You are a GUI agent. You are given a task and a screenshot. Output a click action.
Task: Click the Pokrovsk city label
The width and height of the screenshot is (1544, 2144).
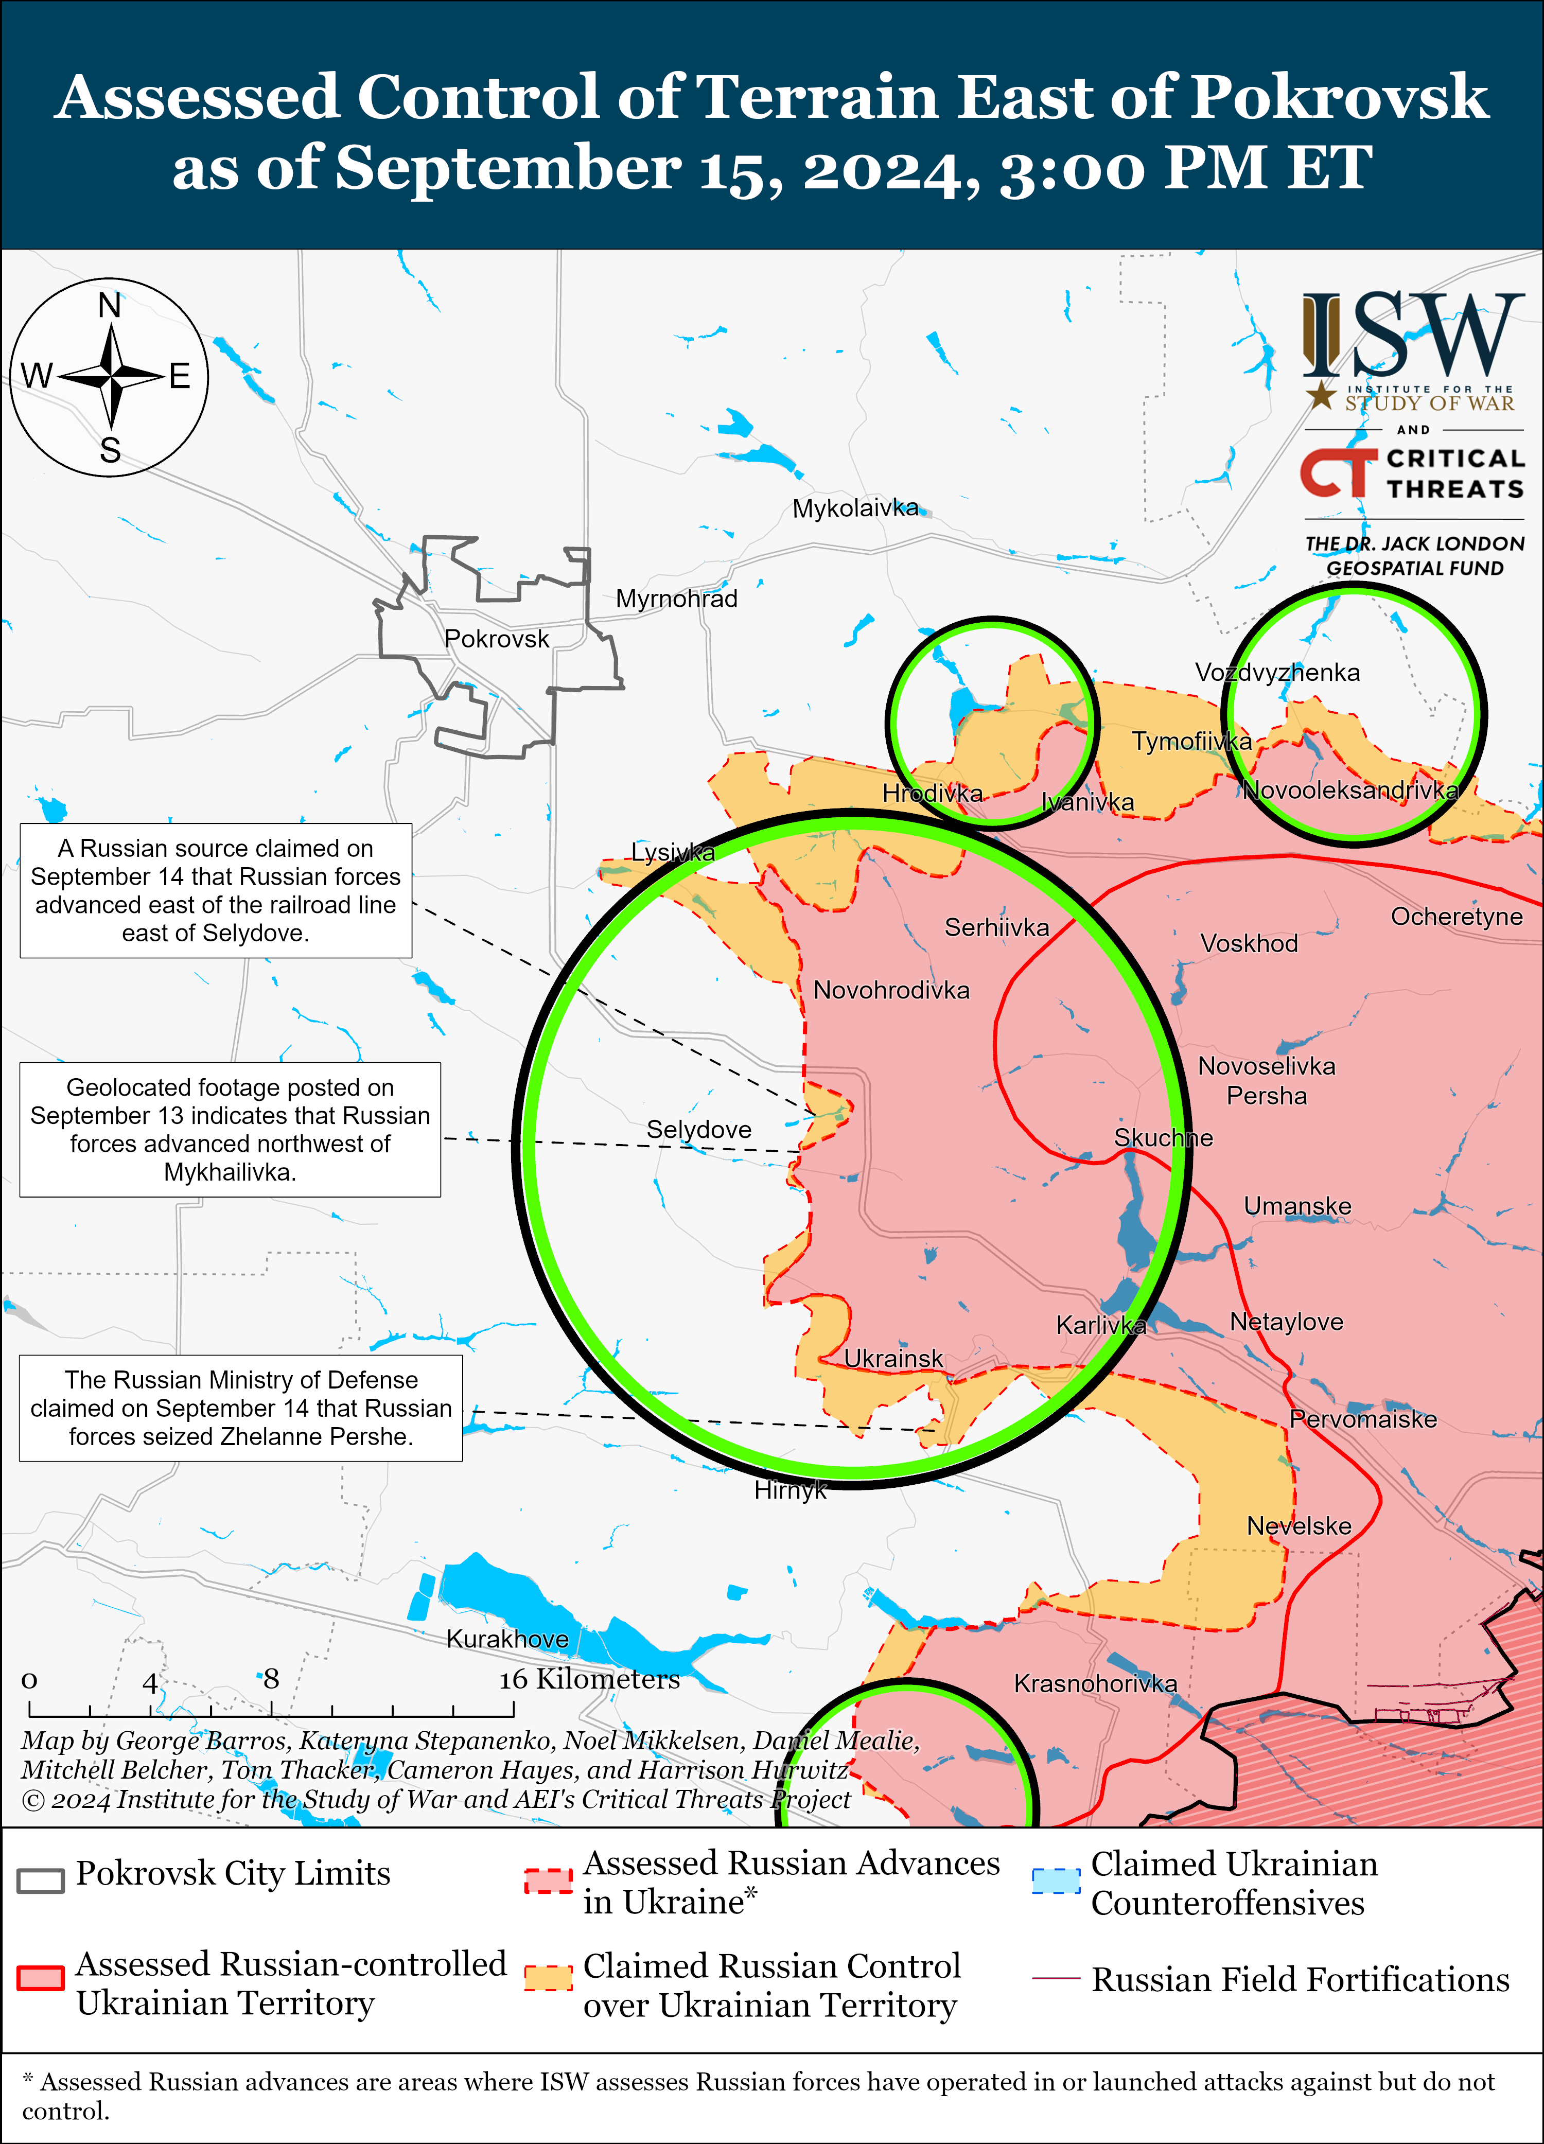tap(496, 639)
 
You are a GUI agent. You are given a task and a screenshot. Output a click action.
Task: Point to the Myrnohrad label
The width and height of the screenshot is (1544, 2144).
tap(676, 599)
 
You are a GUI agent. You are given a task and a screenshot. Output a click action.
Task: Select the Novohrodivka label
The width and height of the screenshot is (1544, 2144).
tap(891, 990)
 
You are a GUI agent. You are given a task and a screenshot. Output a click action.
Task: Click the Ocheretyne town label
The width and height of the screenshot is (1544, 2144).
tap(1456, 916)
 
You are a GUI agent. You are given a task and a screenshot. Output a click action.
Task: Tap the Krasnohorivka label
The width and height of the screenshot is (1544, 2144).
tap(1095, 1683)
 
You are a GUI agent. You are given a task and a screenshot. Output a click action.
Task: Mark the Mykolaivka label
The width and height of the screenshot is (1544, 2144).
tap(855, 508)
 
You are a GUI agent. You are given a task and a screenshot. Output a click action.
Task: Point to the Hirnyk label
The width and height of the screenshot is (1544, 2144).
tap(789, 1490)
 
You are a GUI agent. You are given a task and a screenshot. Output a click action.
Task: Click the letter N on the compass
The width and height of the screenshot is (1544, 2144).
tap(110, 305)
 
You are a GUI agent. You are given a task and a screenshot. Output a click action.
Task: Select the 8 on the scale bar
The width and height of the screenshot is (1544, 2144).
tap(271, 1679)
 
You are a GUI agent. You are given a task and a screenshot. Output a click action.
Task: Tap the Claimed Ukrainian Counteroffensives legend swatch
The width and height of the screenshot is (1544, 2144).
tap(1055, 1881)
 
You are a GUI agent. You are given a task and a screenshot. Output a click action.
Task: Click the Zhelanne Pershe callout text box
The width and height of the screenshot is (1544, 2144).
tap(241, 1408)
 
